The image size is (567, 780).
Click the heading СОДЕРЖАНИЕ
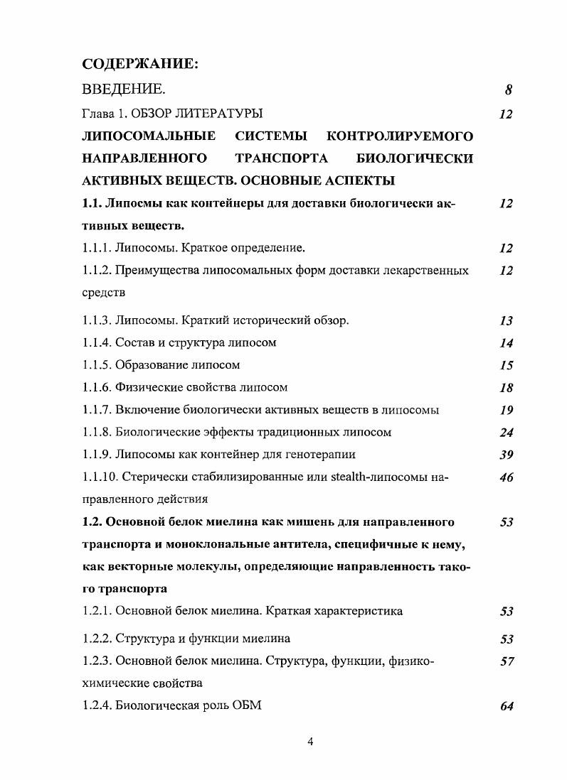pyautogui.click(x=139, y=64)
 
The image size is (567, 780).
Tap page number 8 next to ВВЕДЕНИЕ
pyautogui.click(x=509, y=90)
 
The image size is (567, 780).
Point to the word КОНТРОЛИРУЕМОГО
pyautogui.click(x=400, y=136)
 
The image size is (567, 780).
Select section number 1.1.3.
pyautogui.click(x=97, y=320)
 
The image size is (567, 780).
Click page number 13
pyautogui.click(x=506, y=321)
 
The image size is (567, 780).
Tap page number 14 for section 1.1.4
pyautogui.click(x=506, y=343)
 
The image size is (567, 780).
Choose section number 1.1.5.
pyautogui.click(x=97, y=365)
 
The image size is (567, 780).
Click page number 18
pyautogui.click(x=506, y=388)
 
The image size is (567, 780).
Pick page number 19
pyautogui.click(x=506, y=410)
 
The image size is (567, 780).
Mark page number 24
pyautogui.click(x=506, y=433)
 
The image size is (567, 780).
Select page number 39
pyautogui.click(x=506, y=455)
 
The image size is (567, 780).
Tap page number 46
pyautogui.click(x=506, y=478)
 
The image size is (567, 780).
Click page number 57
pyautogui.click(x=506, y=662)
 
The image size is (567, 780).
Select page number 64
pyautogui.click(x=506, y=707)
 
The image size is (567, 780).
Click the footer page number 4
pyautogui.click(x=309, y=742)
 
